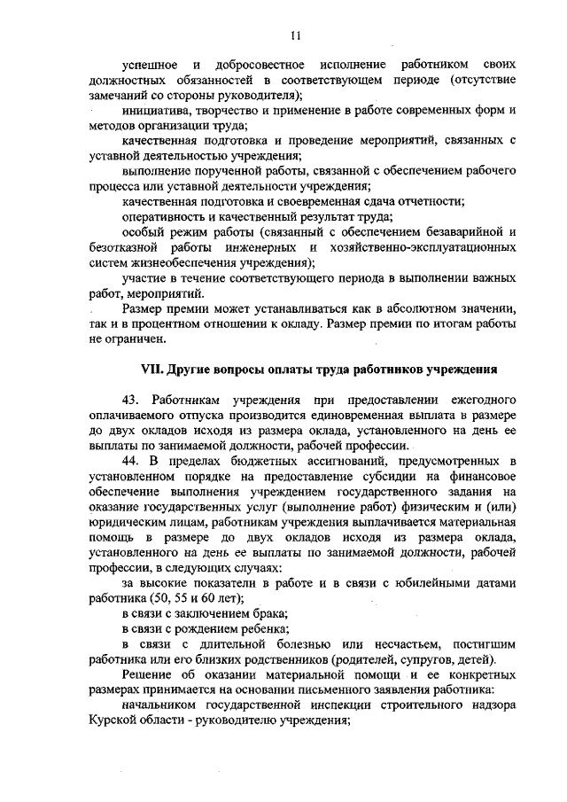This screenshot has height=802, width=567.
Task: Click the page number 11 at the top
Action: (296, 35)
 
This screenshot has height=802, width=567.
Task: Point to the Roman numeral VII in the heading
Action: (154, 368)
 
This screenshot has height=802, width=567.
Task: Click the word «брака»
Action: (270, 613)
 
